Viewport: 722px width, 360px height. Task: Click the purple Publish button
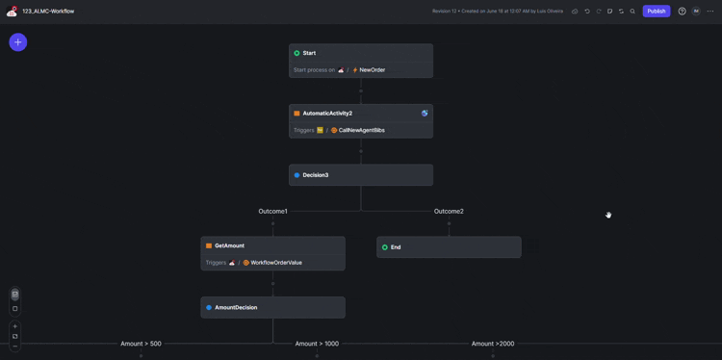(x=657, y=12)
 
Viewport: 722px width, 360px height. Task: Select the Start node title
(x=309, y=53)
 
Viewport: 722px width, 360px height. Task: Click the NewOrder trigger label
(x=372, y=70)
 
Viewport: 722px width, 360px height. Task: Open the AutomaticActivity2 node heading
(x=327, y=114)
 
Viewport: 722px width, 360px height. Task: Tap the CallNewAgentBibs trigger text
(x=362, y=130)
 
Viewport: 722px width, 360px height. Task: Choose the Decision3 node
(x=316, y=175)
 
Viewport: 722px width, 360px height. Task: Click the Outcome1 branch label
(x=272, y=211)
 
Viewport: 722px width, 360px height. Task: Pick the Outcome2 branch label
(x=449, y=211)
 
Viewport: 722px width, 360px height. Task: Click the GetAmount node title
(x=229, y=245)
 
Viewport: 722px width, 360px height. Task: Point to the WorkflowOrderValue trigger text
(x=275, y=263)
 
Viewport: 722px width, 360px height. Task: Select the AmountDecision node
(x=236, y=307)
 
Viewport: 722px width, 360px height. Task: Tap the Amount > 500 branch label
(x=141, y=344)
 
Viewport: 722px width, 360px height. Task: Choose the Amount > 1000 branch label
(x=317, y=344)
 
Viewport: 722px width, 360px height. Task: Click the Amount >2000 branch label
(x=493, y=344)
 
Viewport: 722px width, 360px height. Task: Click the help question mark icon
(x=683, y=12)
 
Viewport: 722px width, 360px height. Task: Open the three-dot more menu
(x=710, y=12)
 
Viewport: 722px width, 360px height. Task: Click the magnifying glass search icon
(x=632, y=12)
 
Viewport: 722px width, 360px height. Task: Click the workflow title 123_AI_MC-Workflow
(x=48, y=12)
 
